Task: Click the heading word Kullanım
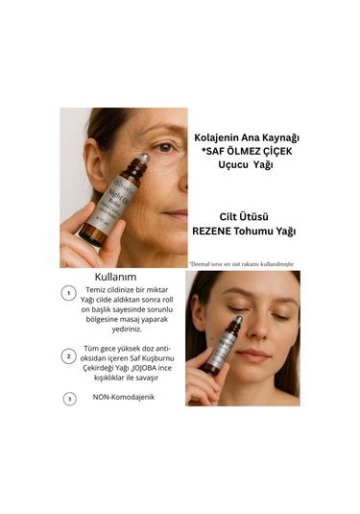click(108, 277)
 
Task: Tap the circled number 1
click(68, 294)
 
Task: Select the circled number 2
click(68, 355)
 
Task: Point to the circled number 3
click(68, 398)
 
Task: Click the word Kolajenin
click(216, 135)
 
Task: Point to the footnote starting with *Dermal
click(241, 262)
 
